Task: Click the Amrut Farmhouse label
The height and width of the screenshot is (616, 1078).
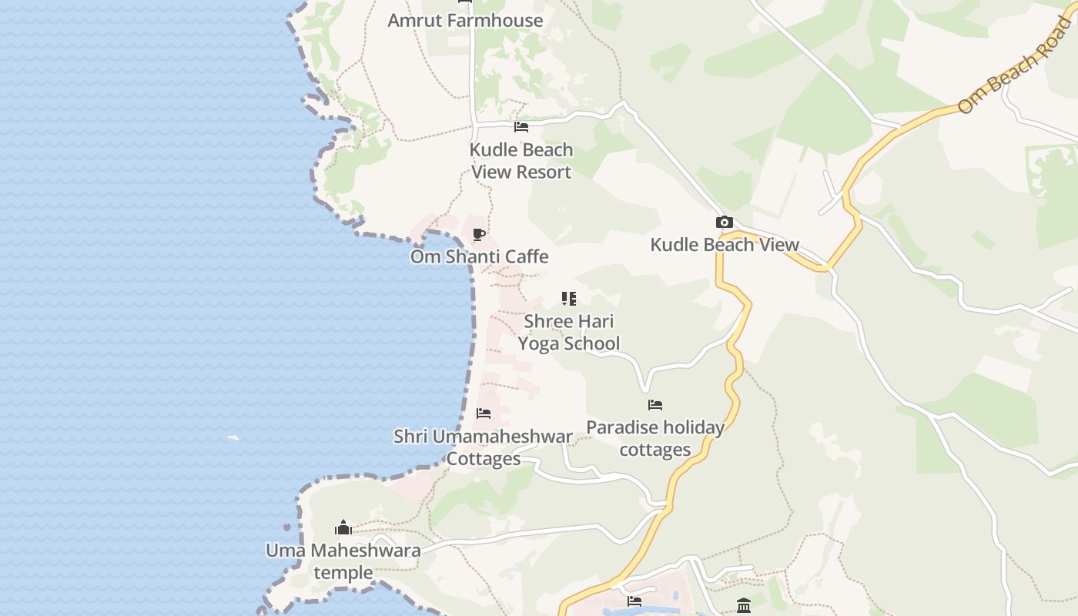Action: pos(465,21)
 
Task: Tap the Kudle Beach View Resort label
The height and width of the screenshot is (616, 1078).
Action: pos(521,161)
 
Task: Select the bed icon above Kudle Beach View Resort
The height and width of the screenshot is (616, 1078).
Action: pos(521,127)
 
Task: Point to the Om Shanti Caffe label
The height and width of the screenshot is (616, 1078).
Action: pos(479,256)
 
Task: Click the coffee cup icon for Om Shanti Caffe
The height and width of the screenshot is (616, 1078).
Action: pos(479,234)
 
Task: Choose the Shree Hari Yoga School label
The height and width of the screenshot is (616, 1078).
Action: pos(569,332)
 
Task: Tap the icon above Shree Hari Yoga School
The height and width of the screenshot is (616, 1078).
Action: pos(569,299)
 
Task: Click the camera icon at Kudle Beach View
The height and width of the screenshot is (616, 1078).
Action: pos(724,223)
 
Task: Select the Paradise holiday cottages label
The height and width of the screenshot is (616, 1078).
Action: pos(655,438)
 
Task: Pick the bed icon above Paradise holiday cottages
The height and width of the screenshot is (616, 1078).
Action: pos(655,405)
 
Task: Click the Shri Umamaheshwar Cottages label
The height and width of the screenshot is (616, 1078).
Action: pos(484,447)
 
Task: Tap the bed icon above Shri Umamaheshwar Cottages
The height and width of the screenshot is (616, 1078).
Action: pos(484,413)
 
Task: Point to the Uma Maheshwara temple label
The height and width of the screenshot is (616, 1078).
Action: pos(343,561)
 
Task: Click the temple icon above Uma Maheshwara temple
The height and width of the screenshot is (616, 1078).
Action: pos(343,527)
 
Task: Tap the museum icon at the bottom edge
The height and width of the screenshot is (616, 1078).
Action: pos(744,605)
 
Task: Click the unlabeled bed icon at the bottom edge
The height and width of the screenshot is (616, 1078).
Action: pos(634,601)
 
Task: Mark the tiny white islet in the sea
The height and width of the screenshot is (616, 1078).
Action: pos(233,438)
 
